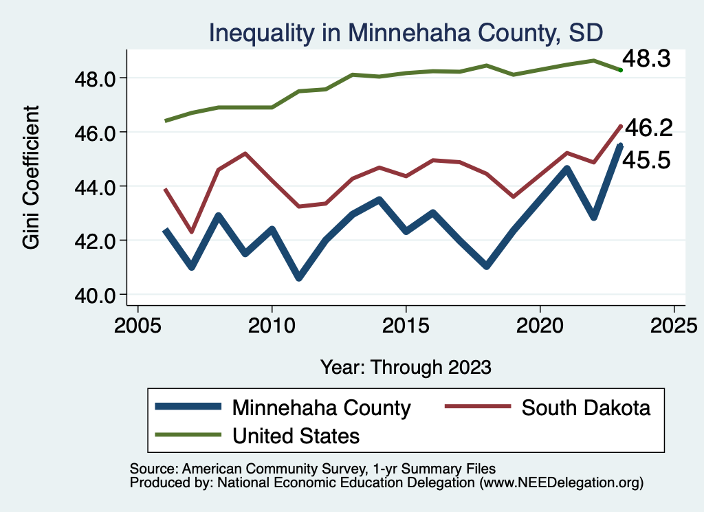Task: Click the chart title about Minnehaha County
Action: tap(406, 32)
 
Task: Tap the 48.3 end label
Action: tap(650, 59)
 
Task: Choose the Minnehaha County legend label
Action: tap(322, 408)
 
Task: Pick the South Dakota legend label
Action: tap(586, 408)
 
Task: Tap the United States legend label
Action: tap(296, 435)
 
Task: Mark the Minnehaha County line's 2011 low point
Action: tap(298, 278)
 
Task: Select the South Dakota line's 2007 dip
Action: tap(192, 232)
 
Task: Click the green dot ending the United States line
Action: tap(620, 69)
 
